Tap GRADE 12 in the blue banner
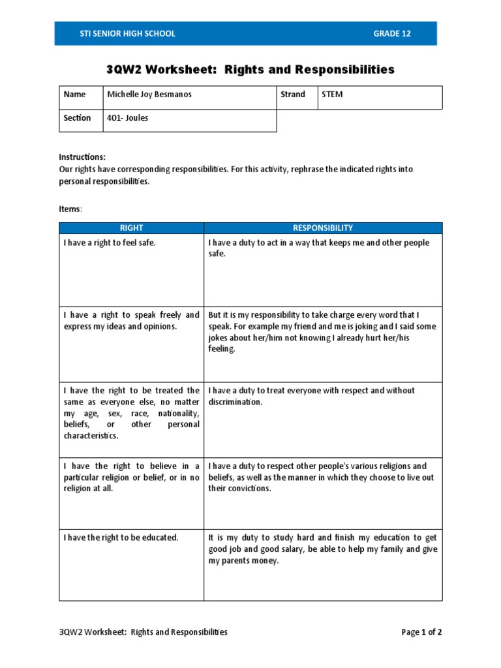pos(392,34)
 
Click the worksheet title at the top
pos(250,69)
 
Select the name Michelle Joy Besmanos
pos(149,95)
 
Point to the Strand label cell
pos(293,95)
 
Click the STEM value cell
pos(332,95)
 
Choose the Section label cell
pos(77,118)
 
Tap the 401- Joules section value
pos(128,118)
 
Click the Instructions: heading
pos(82,157)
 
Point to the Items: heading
pos(70,208)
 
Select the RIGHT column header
pos(131,228)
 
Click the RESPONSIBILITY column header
pos(323,228)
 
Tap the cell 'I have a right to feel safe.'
pos(110,243)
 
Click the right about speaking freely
pos(131,320)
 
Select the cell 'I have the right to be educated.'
pos(121,538)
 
